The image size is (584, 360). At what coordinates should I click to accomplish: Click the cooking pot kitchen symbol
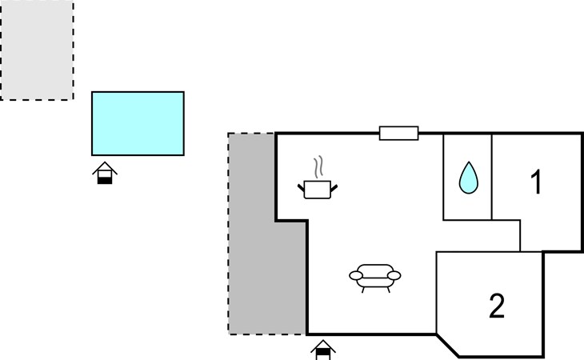[318, 190]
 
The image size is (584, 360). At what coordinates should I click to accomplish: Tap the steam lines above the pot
[318, 167]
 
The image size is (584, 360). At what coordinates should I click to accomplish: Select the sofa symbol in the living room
[375, 278]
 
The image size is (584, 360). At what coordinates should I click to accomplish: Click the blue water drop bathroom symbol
[469, 178]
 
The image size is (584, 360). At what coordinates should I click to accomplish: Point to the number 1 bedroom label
[536, 182]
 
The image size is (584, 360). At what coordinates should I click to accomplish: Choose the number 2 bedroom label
[497, 306]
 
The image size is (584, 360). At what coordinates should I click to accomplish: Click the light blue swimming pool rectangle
[138, 123]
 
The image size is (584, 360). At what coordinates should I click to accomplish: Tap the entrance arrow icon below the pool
[105, 173]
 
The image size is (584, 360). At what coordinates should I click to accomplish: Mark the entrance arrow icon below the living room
[323, 350]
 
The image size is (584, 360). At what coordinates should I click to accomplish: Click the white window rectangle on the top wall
[398, 134]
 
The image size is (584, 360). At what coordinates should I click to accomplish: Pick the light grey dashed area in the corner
[37, 50]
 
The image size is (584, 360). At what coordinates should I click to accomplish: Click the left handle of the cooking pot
[301, 188]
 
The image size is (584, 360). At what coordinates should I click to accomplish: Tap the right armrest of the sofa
[394, 275]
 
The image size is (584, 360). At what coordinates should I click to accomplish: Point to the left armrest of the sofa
[356, 275]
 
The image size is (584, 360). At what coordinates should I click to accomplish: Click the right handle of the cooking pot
[334, 188]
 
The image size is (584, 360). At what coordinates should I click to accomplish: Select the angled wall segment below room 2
[447, 345]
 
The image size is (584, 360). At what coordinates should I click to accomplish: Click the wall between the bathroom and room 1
[492, 177]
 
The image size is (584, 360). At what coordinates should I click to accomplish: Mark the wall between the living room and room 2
[436, 293]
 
